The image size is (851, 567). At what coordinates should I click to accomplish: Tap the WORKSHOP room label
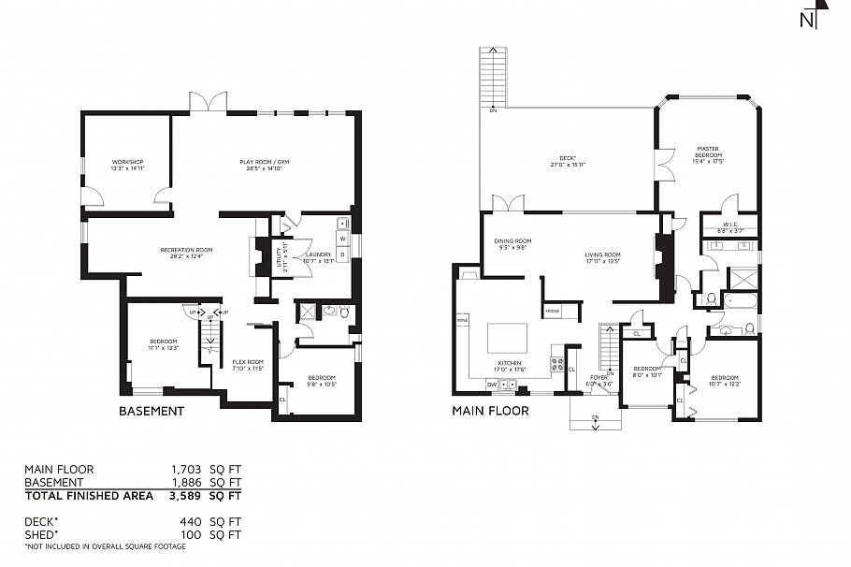click(x=126, y=166)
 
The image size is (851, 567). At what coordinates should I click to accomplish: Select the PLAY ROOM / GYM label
click(x=265, y=166)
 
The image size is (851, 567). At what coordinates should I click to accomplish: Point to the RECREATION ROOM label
click(x=187, y=252)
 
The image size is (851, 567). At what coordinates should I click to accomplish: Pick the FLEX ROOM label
click(x=248, y=365)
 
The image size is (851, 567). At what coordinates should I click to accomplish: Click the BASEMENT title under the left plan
click(x=151, y=411)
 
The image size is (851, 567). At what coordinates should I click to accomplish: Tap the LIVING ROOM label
click(x=603, y=256)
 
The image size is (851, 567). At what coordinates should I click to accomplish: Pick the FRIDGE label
click(x=552, y=310)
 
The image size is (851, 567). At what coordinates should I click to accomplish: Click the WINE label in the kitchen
click(x=461, y=320)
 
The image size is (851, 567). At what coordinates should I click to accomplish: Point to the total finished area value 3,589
click(x=186, y=496)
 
